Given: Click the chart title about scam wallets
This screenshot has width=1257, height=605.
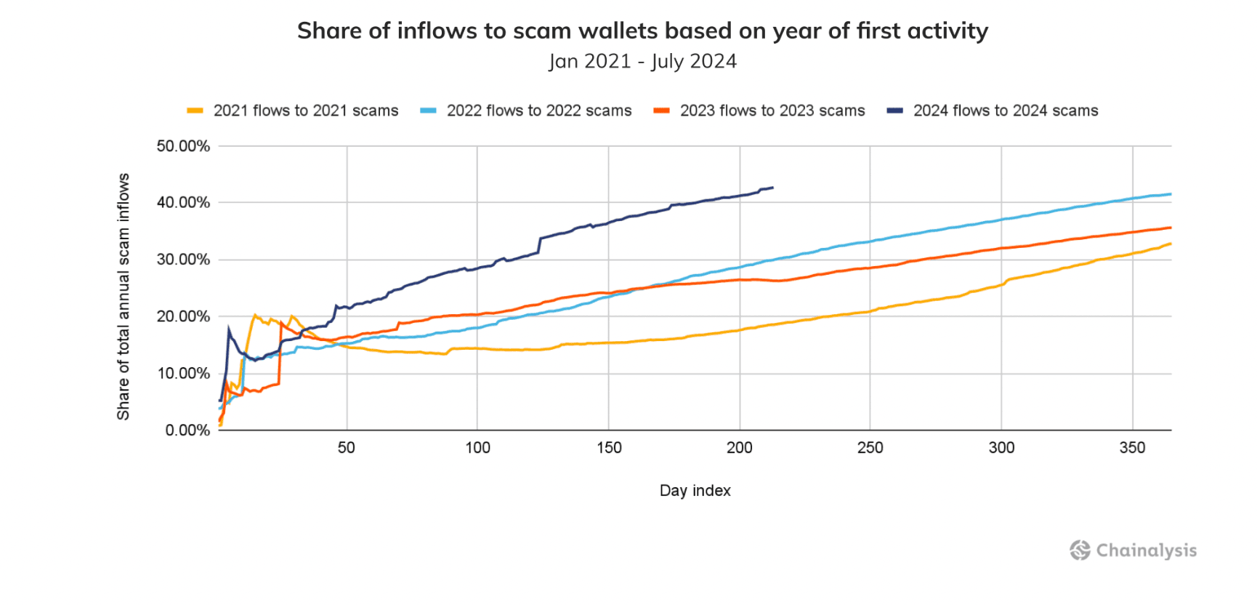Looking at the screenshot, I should tap(642, 31).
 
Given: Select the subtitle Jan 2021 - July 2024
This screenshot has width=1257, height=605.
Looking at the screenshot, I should tap(642, 61).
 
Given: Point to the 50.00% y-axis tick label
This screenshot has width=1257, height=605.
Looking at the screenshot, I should tap(183, 146).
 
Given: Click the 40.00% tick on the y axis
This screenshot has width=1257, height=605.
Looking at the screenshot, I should tap(183, 203).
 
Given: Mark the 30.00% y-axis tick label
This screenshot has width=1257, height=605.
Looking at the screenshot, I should tap(183, 260).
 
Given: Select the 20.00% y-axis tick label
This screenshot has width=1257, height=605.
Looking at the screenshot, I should tap(183, 316).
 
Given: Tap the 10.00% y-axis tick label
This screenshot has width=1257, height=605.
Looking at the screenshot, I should tap(183, 374).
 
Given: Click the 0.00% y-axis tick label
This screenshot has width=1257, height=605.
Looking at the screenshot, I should tap(187, 430).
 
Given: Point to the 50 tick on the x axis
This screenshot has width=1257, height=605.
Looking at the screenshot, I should tap(347, 448).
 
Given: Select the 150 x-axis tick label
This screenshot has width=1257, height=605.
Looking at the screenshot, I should tap(609, 448).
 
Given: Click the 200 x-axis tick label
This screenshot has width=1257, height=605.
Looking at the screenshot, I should tap(740, 448).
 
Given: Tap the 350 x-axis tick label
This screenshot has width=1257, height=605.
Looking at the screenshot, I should tap(1132, 448).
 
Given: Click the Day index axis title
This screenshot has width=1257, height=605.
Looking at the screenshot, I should tap(695, 491).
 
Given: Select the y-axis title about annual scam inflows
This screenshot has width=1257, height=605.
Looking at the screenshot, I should tap(124, 297).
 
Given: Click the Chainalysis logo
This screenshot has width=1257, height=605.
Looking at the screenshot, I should tap(1133, 550).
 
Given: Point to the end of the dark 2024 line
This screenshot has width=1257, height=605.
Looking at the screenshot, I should tap(772, 188).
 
